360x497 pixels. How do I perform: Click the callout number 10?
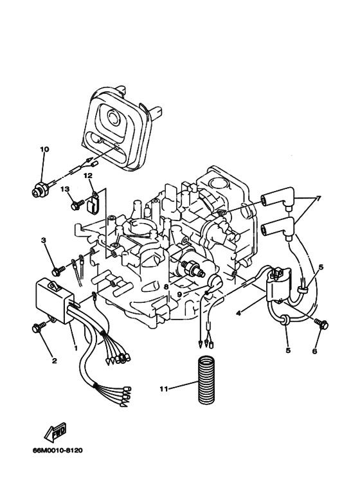pyautogui.click(x=44, y=150)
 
